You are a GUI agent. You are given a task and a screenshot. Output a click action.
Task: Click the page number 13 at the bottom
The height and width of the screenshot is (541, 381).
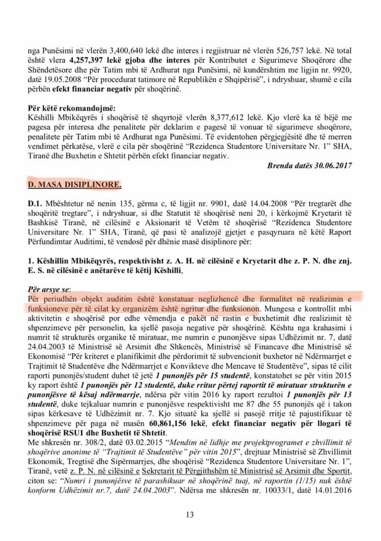click(x=191, y=514)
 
